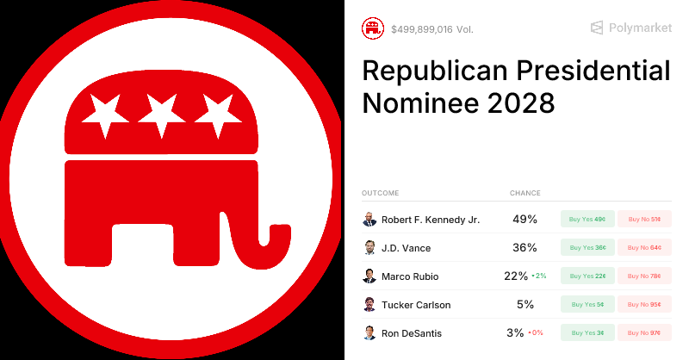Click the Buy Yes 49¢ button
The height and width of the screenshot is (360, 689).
(587, 219)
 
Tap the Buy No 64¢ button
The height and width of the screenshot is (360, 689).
(644, 247)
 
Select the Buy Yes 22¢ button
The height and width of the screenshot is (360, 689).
(587, 276)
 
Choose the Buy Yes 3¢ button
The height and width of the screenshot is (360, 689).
(587, 332)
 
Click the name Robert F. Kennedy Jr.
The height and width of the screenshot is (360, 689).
(431, 219)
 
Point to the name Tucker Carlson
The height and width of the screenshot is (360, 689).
(416, 304)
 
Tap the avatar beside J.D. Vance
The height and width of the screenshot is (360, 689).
(369, 247)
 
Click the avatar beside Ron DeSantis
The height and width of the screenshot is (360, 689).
(369, 332)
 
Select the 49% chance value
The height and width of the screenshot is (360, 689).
(525, 219)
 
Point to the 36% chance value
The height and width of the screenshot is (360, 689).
(525, 247)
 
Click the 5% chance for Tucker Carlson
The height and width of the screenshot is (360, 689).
(525, 304)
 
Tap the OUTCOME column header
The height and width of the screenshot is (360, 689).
(380, 193)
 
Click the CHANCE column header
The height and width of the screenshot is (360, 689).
(525, 193)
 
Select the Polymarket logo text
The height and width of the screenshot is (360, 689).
(640, 28)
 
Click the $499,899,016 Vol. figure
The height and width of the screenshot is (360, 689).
(431, 29)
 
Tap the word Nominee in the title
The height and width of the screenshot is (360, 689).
(417, 103)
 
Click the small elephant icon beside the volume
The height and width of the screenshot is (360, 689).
(373, 28)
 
